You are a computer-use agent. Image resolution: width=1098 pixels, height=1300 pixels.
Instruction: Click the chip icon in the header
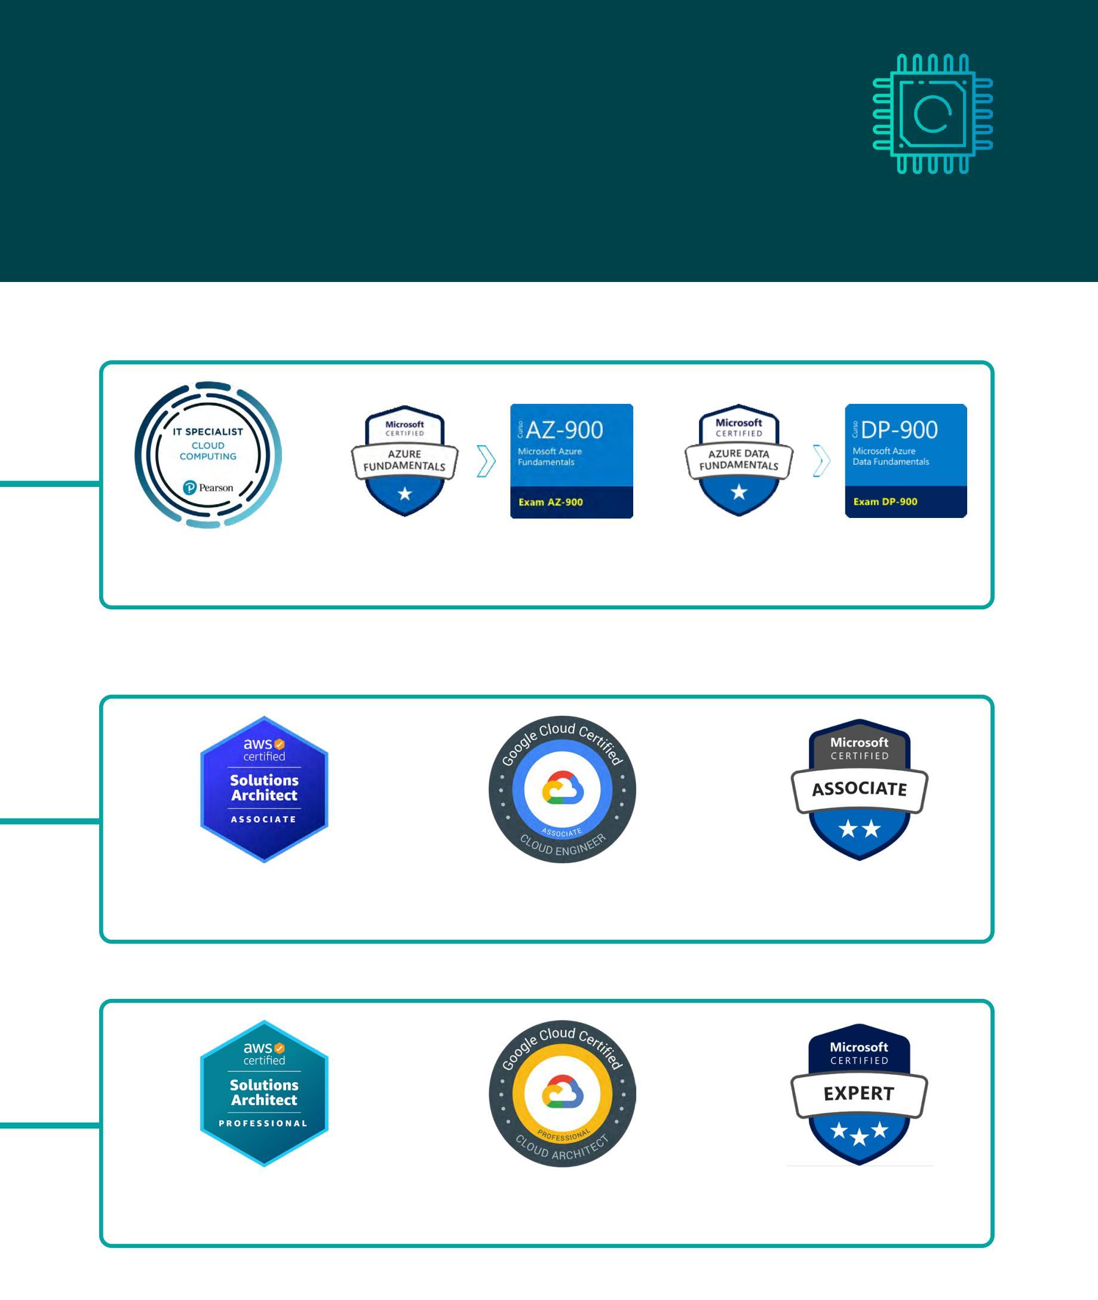tap(932, 114)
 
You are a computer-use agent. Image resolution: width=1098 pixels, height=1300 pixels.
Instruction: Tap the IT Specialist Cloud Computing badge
tap(208, 455)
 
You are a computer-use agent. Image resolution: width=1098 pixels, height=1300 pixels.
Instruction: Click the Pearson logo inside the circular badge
tap(208, 487)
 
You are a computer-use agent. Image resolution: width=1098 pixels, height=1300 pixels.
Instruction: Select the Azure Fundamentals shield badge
tap(404, 461)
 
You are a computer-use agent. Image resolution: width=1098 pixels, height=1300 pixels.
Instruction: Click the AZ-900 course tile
tap(572, 461)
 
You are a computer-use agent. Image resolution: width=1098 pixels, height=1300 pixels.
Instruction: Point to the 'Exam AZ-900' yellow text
tap(550, 502)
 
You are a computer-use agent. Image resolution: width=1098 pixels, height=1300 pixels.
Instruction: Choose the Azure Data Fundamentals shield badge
tap(739, 460)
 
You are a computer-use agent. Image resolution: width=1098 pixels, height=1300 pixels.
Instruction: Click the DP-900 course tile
tap(906, 460)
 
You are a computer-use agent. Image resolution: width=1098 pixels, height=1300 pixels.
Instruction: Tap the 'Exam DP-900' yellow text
tap(885, 502)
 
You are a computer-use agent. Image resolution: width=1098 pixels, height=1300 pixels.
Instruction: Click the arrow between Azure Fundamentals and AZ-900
tap(486, 461)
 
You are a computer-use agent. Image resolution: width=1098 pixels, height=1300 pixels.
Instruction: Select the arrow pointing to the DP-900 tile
tap(821, 461)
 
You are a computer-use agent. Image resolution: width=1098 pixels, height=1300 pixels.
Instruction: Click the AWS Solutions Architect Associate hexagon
tap(264, 789)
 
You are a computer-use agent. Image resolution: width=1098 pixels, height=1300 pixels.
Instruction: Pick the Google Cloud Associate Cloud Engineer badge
tap(562, 789)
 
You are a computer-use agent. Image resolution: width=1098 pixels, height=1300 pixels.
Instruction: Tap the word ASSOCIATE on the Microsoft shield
tap(859, 789)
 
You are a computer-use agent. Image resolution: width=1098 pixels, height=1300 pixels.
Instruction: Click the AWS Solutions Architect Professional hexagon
tap(264, 1093)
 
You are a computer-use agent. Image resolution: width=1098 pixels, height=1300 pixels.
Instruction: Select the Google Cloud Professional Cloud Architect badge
tap(562, 1093)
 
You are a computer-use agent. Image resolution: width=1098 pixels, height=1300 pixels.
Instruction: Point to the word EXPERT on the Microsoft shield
tap(859, 1094)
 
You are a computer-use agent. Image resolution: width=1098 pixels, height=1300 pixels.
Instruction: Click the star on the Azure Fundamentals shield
tap(405, 493)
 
